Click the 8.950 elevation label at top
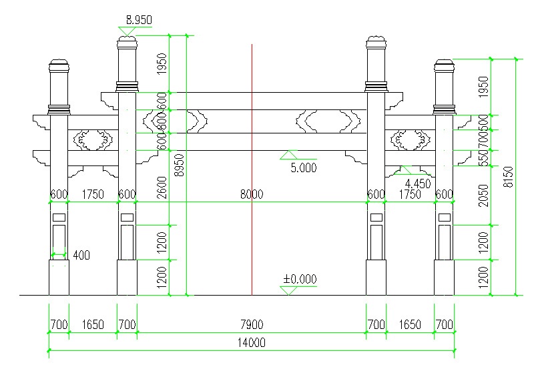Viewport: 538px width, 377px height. point(138,21)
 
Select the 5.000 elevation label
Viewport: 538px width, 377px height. point(303,168)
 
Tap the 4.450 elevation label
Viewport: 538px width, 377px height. point(418,183)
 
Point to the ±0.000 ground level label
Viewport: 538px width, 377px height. point(299,279)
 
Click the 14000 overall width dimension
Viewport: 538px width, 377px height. point(251,343)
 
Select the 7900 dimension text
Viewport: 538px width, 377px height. point(251,325)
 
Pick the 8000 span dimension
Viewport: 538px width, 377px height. point(252,194)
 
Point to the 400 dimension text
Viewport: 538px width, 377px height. point(81,255)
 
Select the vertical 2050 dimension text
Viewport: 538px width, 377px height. point(485,195)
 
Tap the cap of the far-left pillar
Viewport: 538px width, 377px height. point(59,67)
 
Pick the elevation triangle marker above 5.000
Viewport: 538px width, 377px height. point(288,155)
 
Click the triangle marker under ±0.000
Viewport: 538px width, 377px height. point(289,290)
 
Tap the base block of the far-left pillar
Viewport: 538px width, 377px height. point(59,277)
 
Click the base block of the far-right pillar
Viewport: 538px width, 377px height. point(444,277)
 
